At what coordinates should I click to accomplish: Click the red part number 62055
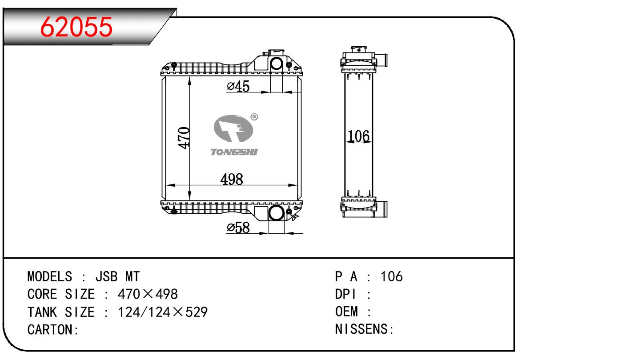(x=76, y=27)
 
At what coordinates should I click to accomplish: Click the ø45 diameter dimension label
(x=238, y=86)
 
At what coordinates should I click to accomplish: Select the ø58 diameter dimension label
(x=238, y=228)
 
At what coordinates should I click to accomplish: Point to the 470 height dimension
(x=184, y=138)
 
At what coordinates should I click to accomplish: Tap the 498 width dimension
(x=232, y=179)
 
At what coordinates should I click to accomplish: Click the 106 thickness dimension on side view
(x=359, y=136)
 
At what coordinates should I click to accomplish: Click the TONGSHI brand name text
(x=234, y=152)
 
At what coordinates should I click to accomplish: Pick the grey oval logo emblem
(x=233, y=128)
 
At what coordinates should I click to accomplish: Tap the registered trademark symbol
(x=254, y=117)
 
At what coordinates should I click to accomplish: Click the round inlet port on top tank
(x=276, y=64)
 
